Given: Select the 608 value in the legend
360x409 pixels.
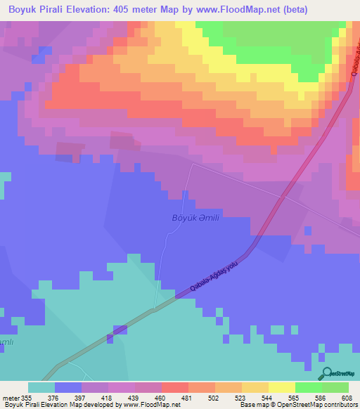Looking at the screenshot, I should (x=347, y=398).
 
